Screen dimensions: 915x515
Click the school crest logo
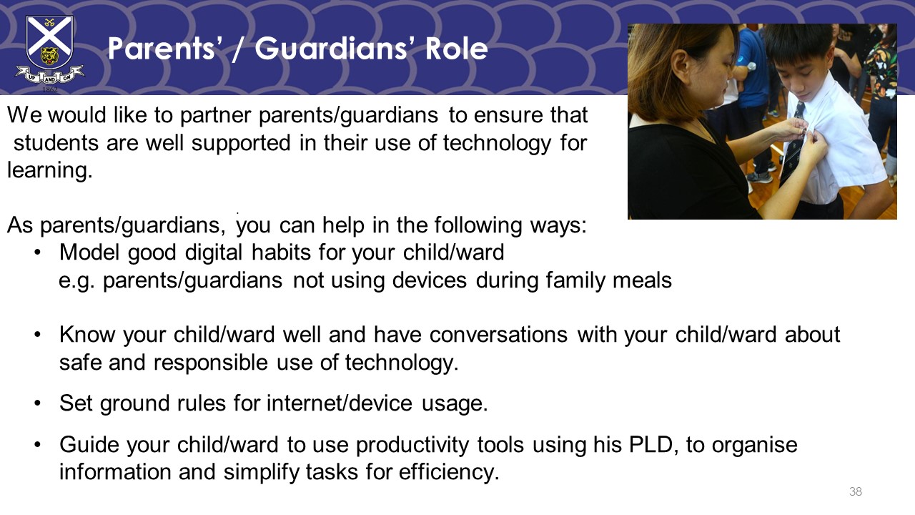pyautogui.click(x=50, y=50)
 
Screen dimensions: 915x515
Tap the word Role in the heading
pyautogui.click(x=457, y=49)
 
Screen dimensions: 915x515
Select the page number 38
pyautogui.click(x=856, y=491)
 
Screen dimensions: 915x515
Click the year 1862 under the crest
pyautogui.click(x=50, y=89)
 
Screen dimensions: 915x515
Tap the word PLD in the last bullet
pyautogui.click(x=650, y=445)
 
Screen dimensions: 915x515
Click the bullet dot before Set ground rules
pyautogui.click(x=38, y=403)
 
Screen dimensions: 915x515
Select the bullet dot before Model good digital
pyautogui.click(x=38, y=252)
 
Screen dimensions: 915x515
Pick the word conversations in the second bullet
pyautogui.click(x=498, y=335)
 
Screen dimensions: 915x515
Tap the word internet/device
pyautogui.click(x=340, y=403)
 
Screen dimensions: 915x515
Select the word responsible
pyautogui.click(x=210, y=363)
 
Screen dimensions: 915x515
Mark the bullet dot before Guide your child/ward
pyautogui.click(x=38, y=445)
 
